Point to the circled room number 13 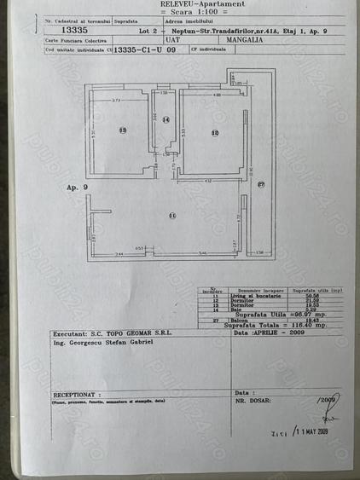(123, 130)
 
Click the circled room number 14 (166, 120)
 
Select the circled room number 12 (215, 133)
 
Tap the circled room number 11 (172, 216)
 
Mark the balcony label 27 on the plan (262, 185)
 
